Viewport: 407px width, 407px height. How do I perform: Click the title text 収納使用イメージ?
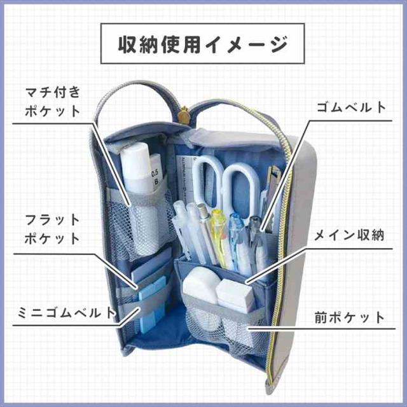pos(203,45)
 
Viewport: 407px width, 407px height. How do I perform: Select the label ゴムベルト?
pos(351,107)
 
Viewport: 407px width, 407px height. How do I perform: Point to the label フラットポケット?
pos(53,230)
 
